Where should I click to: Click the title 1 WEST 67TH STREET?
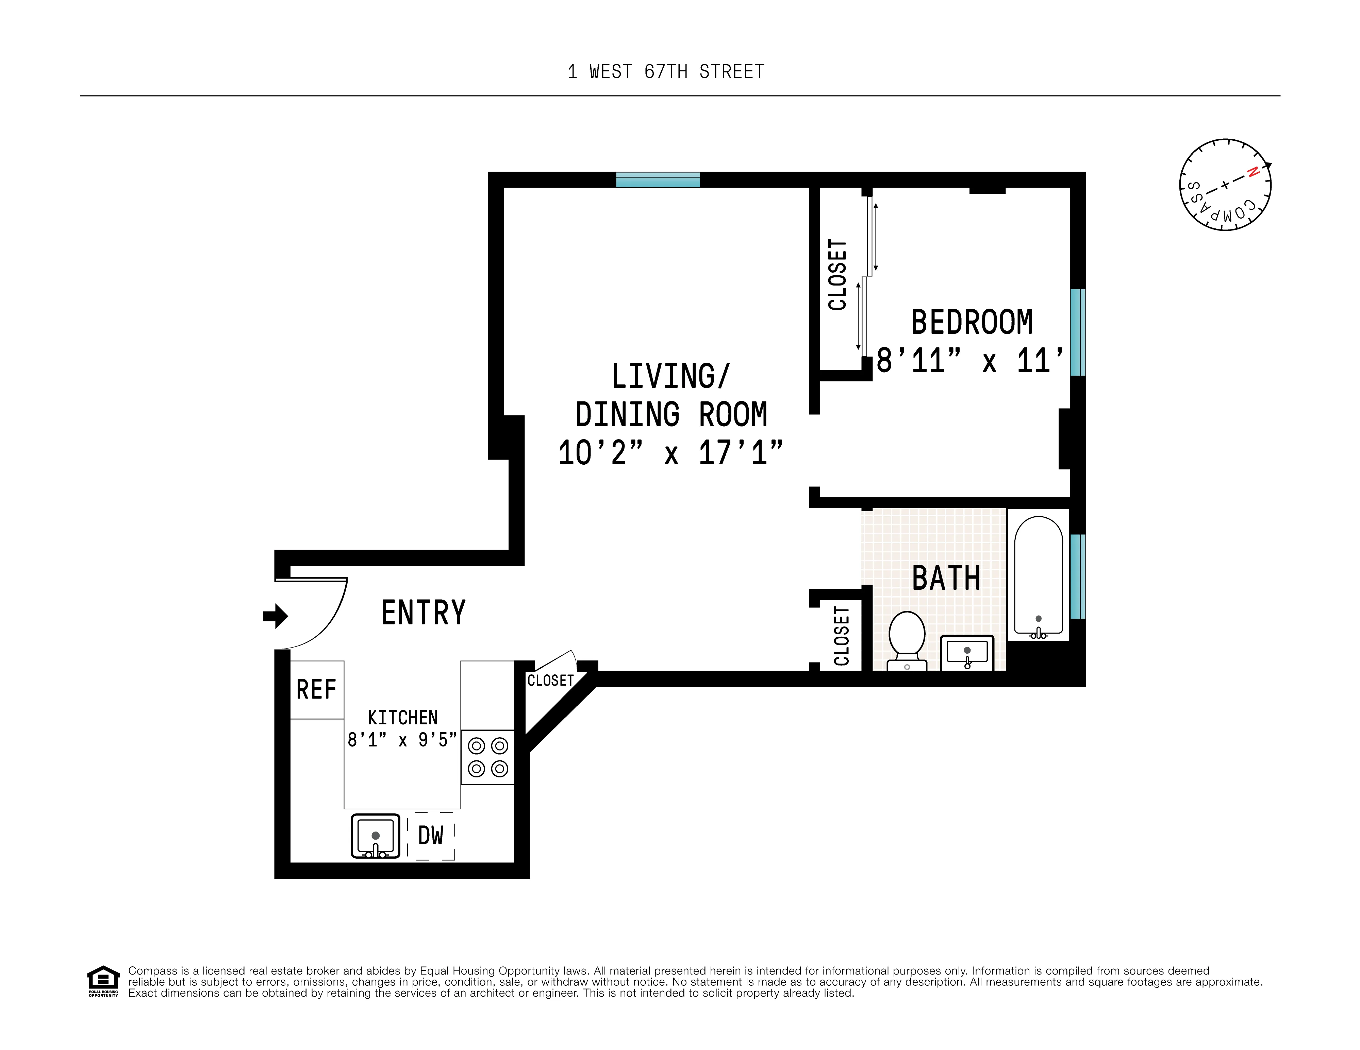tap(666, 72)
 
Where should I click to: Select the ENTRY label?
tap(424, 613)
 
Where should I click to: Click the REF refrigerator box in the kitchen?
tap(316, 690)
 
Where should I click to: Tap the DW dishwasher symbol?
tap(431, 836)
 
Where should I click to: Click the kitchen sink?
tap(376, 836)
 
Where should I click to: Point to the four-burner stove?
tap(487, 757)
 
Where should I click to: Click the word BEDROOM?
tap(972, 322)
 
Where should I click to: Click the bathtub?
tap(1038, 576)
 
